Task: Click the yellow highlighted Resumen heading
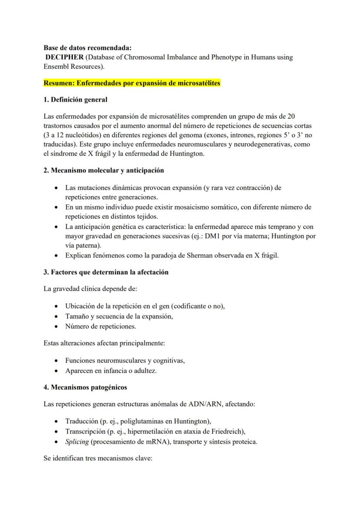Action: (132, 83)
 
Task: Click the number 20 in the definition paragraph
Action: (292, 116)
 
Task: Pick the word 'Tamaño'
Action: (77, 316)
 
